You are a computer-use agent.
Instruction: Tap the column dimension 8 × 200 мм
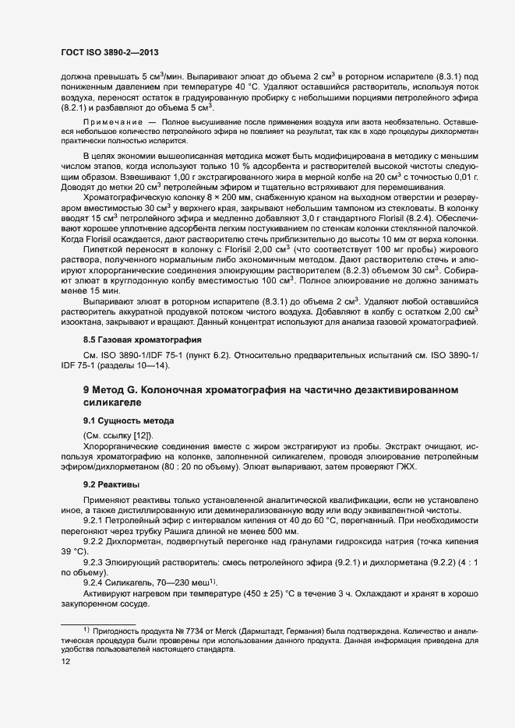click(220, 197)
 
